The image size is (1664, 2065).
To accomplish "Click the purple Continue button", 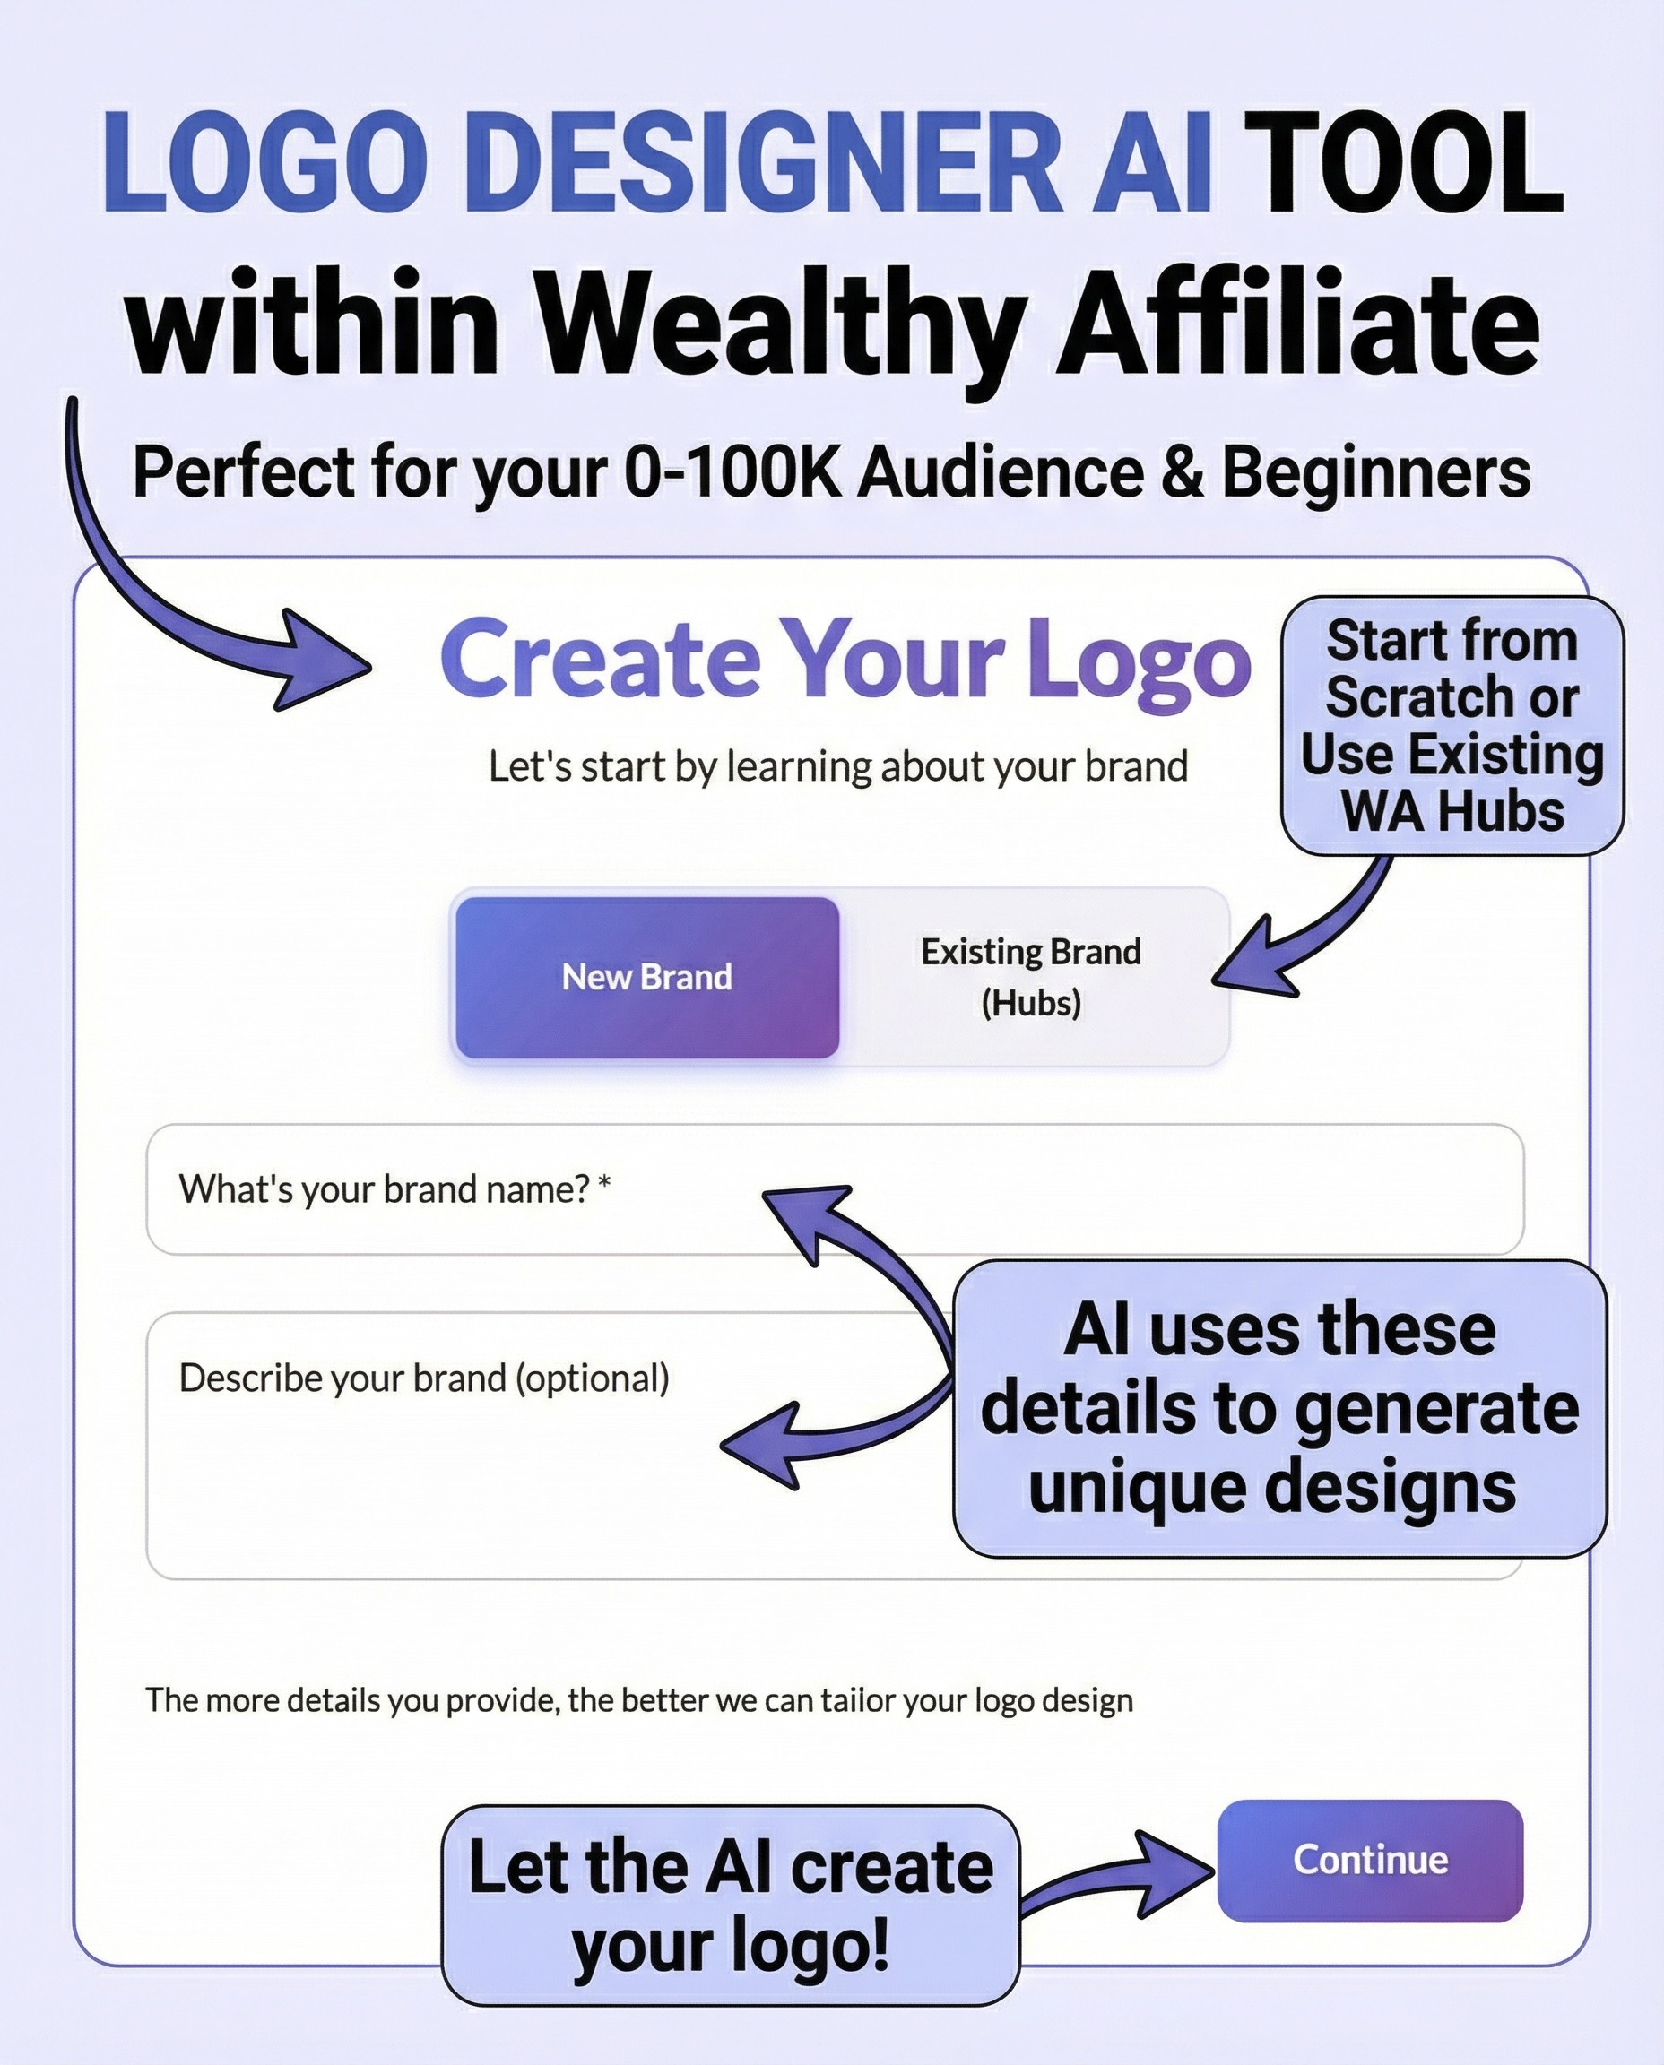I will point(1369,1860).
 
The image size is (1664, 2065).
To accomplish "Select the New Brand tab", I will point(647,978).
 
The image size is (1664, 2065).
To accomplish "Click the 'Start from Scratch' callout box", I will point(1452,725).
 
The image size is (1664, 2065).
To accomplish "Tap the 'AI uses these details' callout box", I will point(1278,1408).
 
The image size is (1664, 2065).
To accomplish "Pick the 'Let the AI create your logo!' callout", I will point(731,1905).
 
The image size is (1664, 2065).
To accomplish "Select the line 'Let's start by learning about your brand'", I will point(837,766).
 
